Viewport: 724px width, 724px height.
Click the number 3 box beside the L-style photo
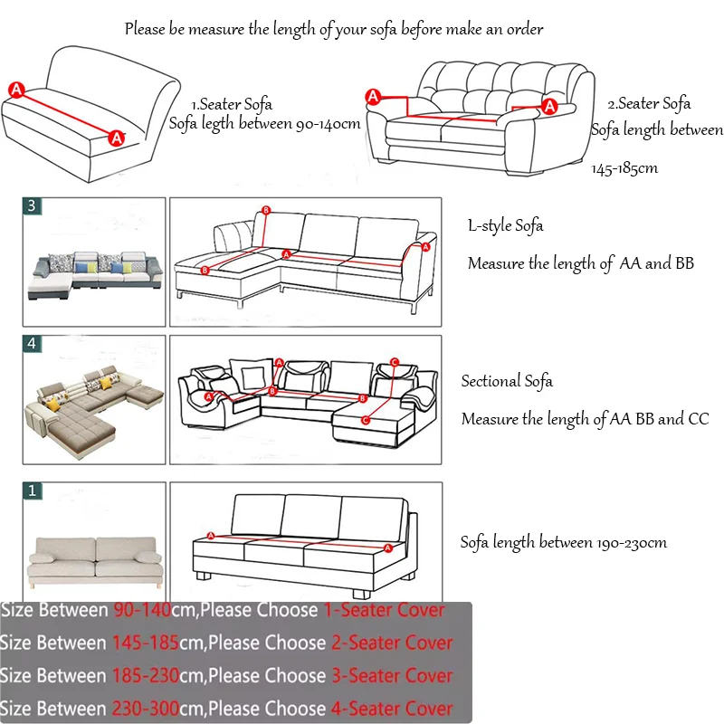(33, 206)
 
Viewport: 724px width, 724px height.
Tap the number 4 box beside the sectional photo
(33, 344)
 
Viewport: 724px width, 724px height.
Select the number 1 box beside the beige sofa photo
(33, 491)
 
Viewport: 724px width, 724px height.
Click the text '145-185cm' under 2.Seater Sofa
(624, 167)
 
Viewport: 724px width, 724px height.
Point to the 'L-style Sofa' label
(505, 225)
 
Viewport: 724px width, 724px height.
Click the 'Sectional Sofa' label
(507, 381)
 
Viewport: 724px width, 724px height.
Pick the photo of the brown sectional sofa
(94, 400)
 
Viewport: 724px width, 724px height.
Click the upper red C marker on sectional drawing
(394, 363)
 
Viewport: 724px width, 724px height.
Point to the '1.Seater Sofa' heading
(232, 104)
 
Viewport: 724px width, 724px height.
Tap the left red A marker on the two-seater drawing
(372, 97)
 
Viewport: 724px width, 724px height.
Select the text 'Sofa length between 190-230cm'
(563, 542)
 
